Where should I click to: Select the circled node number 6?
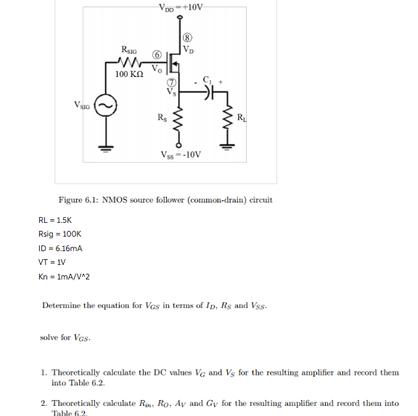click(x=156, y=55)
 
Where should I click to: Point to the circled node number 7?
click(x=172, y=81)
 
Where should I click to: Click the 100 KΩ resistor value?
click(x=131, y=75)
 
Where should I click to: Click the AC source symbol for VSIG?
click(x=106, y=107)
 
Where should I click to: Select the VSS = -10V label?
click(x=181, y=155)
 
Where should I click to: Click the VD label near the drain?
click(x=188, y=50)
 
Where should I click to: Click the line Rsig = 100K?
click(x=60, y=234)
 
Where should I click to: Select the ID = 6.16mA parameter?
click(x=60, y=248)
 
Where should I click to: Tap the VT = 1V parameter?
click(x=52, y=262)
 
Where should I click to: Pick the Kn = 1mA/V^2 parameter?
click(x=64, y=277)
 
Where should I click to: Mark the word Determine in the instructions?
click(x=65, y=306)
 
